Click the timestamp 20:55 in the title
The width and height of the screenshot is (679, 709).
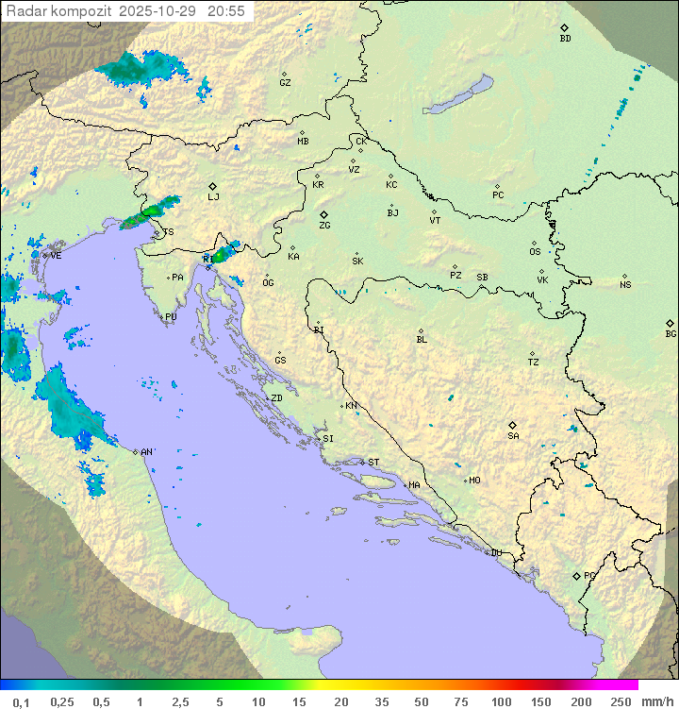(x=227, y=11)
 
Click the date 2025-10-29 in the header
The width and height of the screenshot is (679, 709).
(x=162, y=11)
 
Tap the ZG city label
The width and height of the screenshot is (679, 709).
(x=324, y=226)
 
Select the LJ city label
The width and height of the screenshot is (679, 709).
(x=214, y=196)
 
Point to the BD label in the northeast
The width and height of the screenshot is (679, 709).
(x=565, y=38)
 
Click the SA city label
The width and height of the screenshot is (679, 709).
(x=513, y=435)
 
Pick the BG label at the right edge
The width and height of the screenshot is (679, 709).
(x=671, y=333)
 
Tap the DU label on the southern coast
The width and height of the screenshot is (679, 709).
(x=495, y=553)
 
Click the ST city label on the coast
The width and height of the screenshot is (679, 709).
(x=373, y=462)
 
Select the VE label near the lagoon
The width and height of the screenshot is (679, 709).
(x=56, y=255)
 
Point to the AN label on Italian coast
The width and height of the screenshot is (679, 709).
(x=146, y=452)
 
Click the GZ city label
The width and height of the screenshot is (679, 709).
(x=285, y=82)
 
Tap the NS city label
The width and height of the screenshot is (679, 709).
(x=625, y=284)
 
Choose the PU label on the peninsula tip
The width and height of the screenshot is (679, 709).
(x=171, y=317)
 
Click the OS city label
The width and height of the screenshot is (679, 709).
(x=535, y=252)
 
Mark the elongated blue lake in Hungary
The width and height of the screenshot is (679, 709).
(x=457, y=94)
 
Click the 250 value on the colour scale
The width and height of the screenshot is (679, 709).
(x=620, y=701)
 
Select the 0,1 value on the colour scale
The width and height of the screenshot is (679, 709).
(x=21, y=701)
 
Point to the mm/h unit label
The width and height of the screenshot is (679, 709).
(x=654, y=701)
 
